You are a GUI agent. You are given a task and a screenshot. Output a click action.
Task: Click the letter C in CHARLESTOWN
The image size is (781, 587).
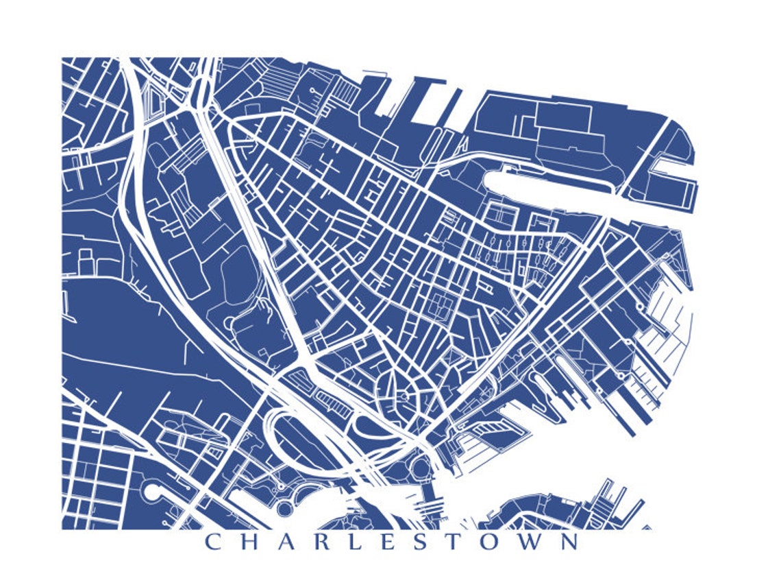[214, 542]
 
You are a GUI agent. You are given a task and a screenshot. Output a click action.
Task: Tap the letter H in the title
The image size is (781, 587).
[253, 542]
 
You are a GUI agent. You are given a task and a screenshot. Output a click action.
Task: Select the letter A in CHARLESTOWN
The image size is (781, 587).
[293, 542]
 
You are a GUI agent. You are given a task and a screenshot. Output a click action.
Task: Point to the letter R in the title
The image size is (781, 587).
[332, 542]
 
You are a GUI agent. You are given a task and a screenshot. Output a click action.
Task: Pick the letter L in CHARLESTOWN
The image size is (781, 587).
[367, 542]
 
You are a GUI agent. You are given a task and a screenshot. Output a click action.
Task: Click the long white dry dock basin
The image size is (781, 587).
[548, 189]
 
